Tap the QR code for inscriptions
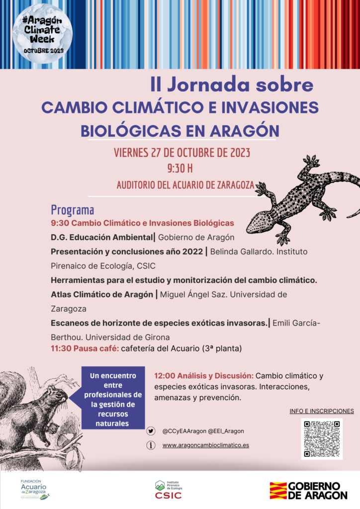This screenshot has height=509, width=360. [322, 438]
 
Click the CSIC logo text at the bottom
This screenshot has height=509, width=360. [169, 495]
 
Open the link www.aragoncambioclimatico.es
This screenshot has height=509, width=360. [205, 445]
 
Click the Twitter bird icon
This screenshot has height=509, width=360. [151, 431]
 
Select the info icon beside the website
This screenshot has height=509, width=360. [151, 445]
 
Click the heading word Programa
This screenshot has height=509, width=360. [73, 210]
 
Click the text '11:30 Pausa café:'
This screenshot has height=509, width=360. [85, 348]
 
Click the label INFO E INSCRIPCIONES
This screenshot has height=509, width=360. [321, 411]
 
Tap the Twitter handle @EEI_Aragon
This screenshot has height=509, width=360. [225, 431]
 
